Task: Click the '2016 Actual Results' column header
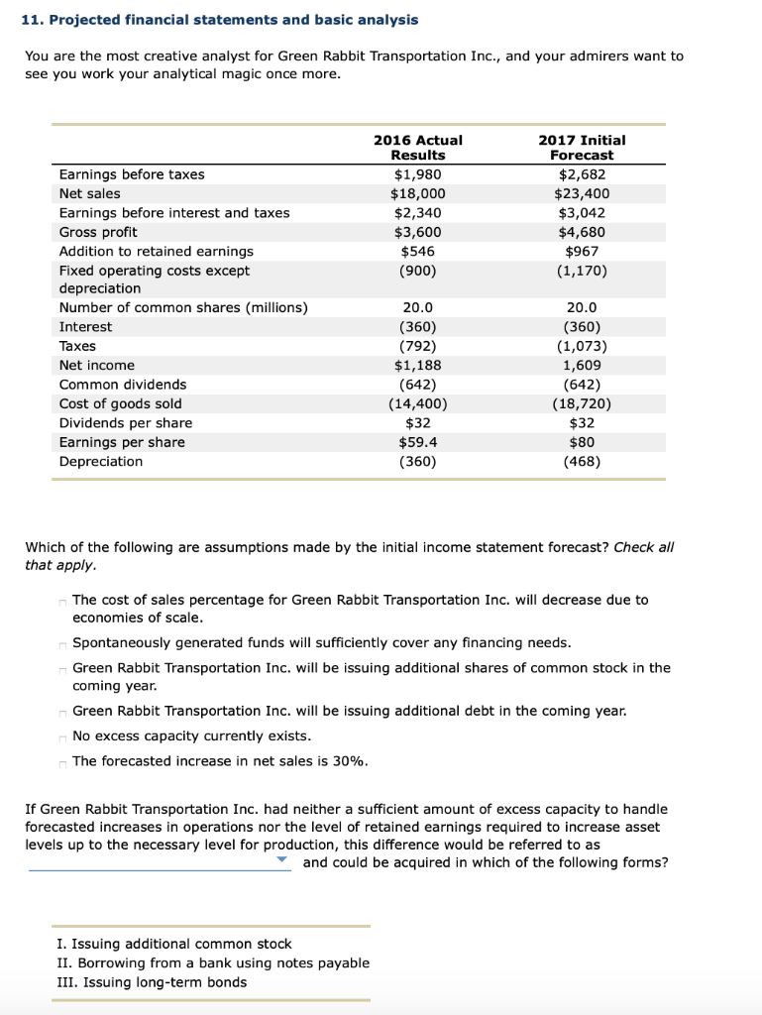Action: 417,148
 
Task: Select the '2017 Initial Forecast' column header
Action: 581,148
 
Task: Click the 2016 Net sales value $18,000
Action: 417,193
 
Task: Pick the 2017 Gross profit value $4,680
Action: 582,232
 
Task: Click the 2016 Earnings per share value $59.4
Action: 417,442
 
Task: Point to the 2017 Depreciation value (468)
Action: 582,461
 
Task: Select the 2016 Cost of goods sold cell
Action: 417,403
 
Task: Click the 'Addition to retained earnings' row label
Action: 156,251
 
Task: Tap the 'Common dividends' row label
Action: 123,385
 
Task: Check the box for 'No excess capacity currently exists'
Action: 62,736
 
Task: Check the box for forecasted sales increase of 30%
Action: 62,762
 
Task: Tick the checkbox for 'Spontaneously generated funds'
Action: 62,644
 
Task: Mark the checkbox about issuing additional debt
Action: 62,712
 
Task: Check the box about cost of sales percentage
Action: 62,601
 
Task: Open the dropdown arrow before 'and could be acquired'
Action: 282,861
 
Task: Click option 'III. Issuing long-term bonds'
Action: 152,982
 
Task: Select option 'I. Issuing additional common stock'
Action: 174,944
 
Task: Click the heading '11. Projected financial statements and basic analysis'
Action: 220,20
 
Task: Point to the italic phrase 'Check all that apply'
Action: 644,547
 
